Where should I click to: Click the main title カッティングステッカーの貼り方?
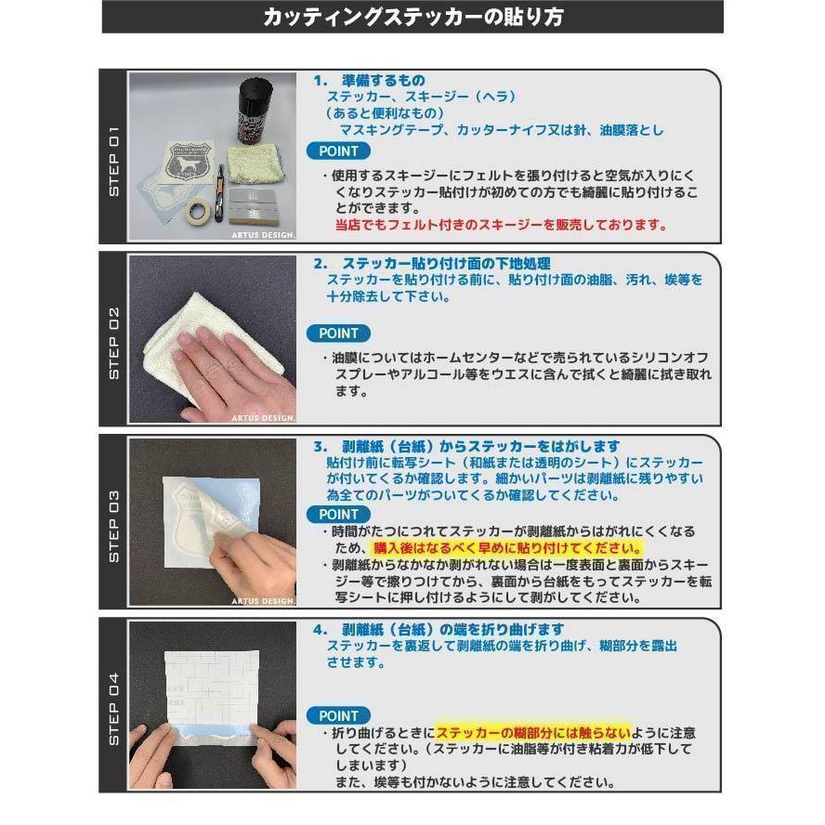click(412, 17)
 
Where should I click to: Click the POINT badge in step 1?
click(338, 151)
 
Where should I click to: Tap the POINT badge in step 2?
click(338, 333)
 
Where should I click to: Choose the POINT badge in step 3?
click(338, 515)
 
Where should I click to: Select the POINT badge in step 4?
click(338, 715)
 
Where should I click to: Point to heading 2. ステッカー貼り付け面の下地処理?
click(432, 263)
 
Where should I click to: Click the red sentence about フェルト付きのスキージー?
click(501, 225)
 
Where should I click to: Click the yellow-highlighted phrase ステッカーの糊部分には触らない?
click(532, 732)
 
